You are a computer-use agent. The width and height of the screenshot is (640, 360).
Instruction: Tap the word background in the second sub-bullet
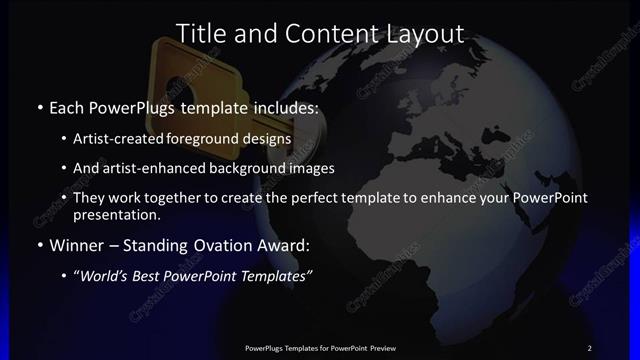pos(259,168)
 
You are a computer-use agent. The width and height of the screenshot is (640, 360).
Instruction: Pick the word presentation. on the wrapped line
pos(117,215)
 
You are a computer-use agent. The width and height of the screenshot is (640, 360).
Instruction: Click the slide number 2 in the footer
pos(589,347)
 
